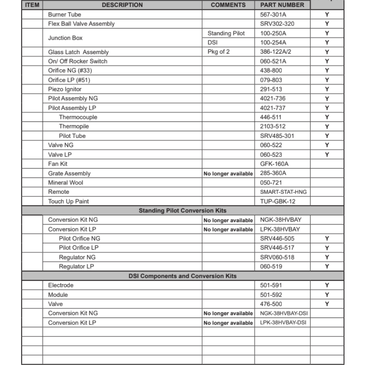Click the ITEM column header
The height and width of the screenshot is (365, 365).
(32, 5)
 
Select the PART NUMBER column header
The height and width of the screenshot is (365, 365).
(282, 5)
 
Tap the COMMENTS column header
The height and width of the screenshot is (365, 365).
(228, 5)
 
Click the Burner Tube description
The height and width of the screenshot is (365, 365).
(65, 15)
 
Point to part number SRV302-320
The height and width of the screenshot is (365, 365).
(277, 24)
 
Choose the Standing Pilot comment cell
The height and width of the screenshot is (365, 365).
(226, 33)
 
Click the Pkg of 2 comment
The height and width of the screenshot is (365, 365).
(219, 52)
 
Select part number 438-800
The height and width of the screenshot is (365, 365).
(271, 70)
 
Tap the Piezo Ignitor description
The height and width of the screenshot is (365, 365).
(65, 89)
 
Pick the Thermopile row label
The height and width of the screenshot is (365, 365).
(74, 126)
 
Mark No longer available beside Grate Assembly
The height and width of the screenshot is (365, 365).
(228, 174)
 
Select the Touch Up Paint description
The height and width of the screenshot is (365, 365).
(69, 201)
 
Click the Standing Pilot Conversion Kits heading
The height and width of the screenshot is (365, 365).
(182, 211)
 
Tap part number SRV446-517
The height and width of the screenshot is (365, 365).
(277, 247)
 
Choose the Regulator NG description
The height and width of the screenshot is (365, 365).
(77, 257)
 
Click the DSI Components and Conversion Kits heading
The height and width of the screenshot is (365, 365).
(182, 276)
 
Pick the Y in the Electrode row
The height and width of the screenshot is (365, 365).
(327, 285)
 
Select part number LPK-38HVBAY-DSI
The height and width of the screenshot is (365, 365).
(283, 323)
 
